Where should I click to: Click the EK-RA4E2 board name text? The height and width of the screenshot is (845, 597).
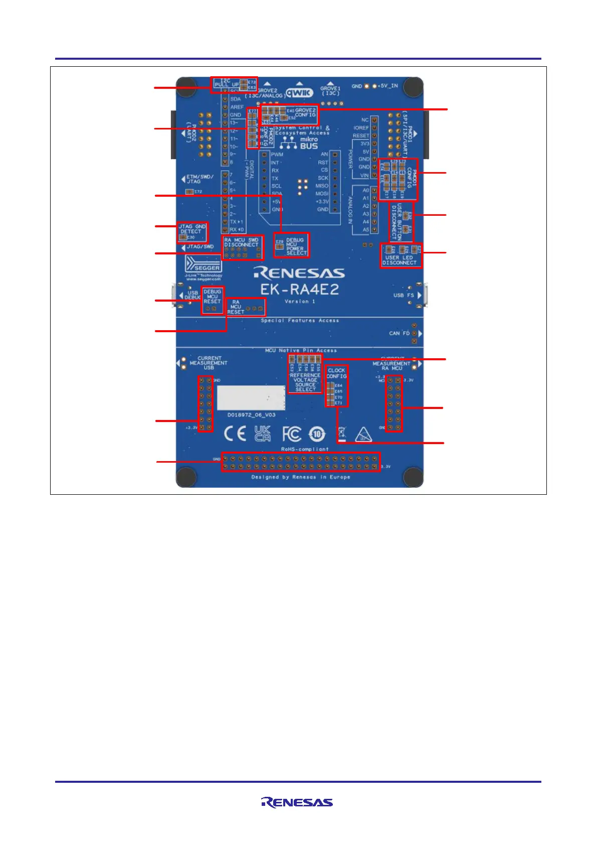point(299,290)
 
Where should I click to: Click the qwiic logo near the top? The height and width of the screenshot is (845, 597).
point(299,92)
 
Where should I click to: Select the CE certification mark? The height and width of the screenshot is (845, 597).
point(235,433)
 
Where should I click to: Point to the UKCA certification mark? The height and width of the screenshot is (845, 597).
point(263,433)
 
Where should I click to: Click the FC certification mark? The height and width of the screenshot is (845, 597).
point(292,434)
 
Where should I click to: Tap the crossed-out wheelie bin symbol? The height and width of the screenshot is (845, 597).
point(342,433)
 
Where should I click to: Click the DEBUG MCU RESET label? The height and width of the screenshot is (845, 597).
point(212,297)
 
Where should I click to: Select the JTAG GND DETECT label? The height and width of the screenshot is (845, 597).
point(192,229)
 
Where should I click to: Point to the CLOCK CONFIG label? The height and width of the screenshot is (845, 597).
point(336,373)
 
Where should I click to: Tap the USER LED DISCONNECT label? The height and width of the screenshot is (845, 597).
point(400,260)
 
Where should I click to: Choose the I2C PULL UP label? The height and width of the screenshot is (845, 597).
point(227,83)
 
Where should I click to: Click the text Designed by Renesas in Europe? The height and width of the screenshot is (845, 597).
point(301,477)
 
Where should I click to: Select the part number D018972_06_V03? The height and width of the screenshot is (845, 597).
point(251,415)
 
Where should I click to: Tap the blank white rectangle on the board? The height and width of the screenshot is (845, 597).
point(251,398)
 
